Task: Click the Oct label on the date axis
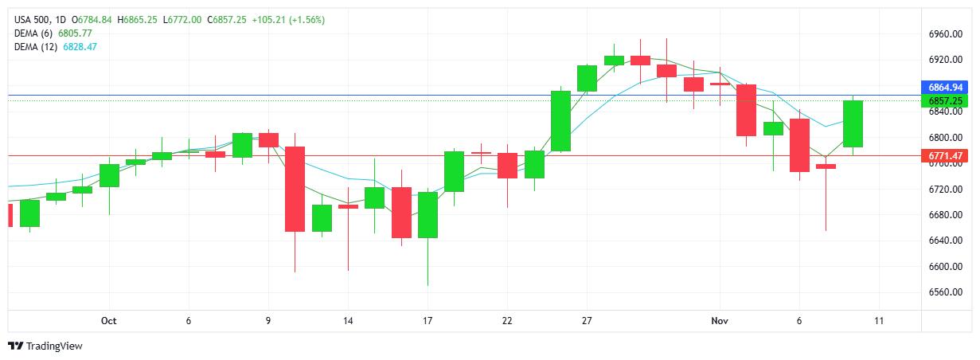(x=109, y=321)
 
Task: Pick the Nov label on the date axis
(x=720, y=321)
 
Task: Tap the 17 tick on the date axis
(x=428, y=321)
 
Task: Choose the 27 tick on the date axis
(x=587, y=321)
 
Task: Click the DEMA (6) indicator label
(x=33, y=33)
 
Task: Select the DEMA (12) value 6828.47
(x=80, y=47)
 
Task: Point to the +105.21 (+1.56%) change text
(x=287, y=19)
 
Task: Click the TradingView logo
(x=45, y=346)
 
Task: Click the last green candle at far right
(x=853, y=124)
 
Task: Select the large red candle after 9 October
(x=295, y=189)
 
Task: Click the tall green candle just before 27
(x=560, y=121)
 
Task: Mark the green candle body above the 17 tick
(x=428, y=215)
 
